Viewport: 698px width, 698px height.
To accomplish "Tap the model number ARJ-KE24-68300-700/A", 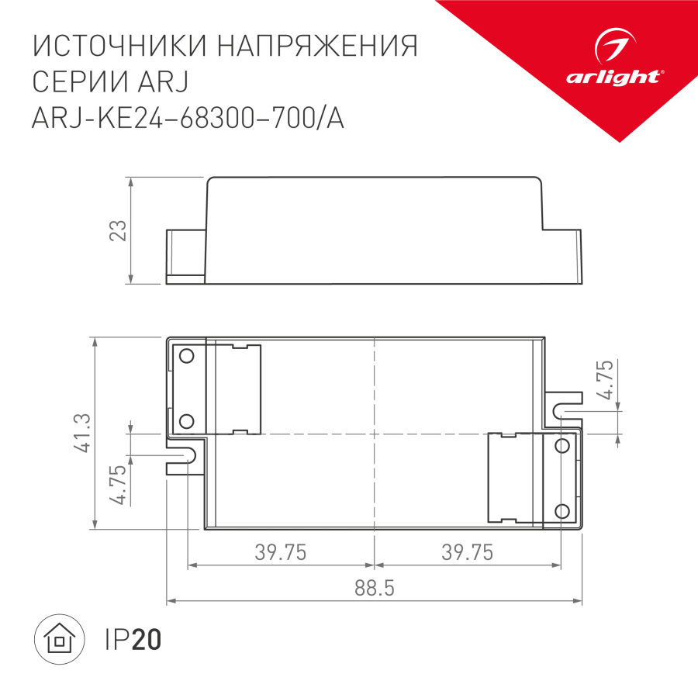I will point(187,119).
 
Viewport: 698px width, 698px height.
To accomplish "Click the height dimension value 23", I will point(117,231).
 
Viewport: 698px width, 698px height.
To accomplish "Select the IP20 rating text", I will point(132,640).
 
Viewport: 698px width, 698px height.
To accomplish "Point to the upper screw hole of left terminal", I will point(186,356).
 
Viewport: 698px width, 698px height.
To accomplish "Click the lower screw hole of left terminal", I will point(186,421).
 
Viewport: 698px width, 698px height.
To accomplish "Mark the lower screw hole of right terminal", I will point(562,510).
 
